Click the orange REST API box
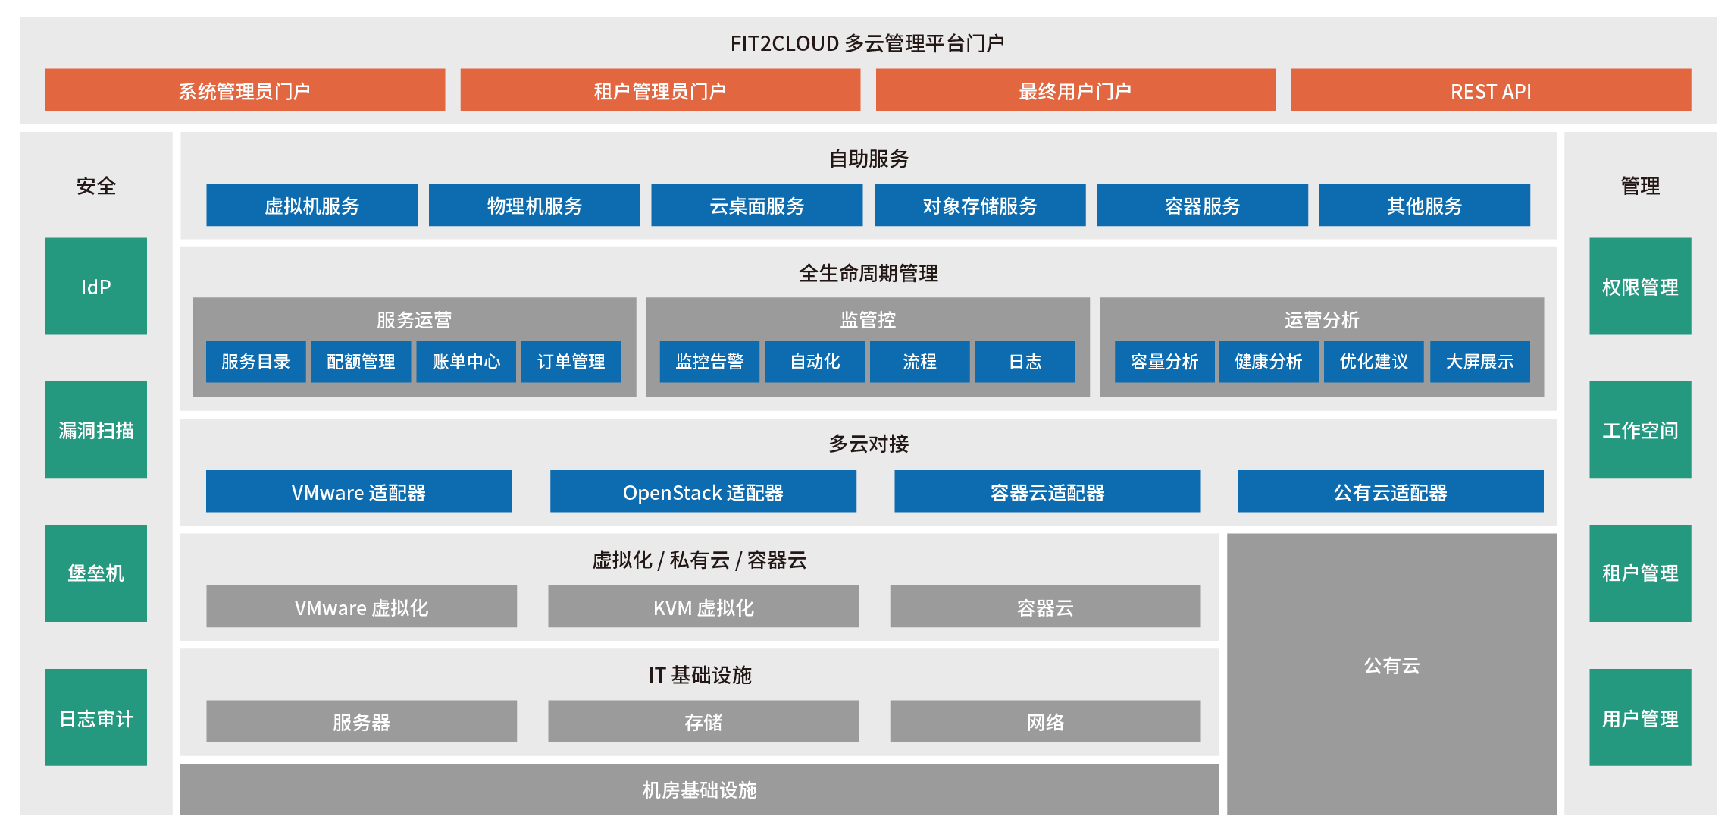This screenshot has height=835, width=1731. pos(1491,90)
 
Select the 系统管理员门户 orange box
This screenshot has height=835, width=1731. pos(245,90)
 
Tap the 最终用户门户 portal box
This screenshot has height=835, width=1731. pos(1075,90)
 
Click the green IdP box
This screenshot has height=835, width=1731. pos(96,286)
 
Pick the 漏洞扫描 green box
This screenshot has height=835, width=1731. pos(96,429)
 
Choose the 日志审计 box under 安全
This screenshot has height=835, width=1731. pos(96,717)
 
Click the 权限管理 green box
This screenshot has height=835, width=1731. pos(1640,286)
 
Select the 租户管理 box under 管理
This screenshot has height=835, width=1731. pos(1640,573)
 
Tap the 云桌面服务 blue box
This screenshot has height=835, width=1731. pos(756,205)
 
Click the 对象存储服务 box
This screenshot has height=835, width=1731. pos(980,205)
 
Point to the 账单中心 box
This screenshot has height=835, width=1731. pos(466,362)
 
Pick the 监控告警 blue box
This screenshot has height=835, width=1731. pos(709,362)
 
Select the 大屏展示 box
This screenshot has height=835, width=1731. pos(1479,362)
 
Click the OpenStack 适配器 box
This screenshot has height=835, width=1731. pos(703,491)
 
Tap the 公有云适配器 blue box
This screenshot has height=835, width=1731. pos(1390,491)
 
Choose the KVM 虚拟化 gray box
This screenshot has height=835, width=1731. pos(703,606)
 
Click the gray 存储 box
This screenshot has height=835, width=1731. pos(703,721)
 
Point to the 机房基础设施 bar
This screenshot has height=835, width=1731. pos(700,789)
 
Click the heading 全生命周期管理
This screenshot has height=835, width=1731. pos(869,273)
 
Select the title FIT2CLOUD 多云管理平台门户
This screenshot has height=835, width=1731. pos(867,43)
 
